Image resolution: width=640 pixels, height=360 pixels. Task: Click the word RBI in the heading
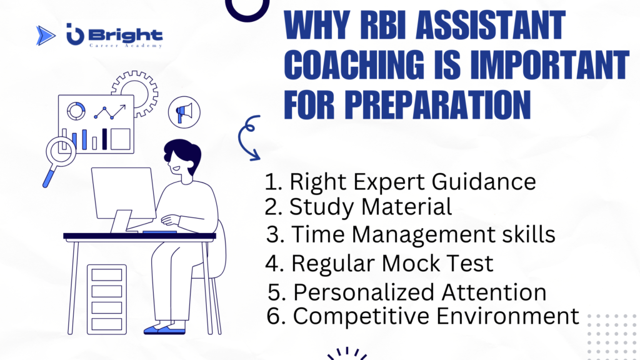(x=384, y=26)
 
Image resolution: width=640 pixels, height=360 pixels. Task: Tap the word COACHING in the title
(x=354, y=65)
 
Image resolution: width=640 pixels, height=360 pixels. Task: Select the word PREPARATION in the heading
(x=437, y=105)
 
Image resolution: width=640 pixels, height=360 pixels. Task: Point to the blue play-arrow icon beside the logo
(x=45, y=36)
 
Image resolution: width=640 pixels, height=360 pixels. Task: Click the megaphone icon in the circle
(x=184, y=112)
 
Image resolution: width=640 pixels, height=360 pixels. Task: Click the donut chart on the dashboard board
(x=76, y=111)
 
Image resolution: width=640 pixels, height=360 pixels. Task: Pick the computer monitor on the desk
(x=123, y=199)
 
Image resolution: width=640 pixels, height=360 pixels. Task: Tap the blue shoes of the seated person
(x=164, y=329)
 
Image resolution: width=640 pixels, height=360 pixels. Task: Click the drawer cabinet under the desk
(x=107, y=299)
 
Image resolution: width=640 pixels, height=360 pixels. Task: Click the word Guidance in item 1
(x=484, y=182)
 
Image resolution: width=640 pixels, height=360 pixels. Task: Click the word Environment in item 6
(x=507, y=316)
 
